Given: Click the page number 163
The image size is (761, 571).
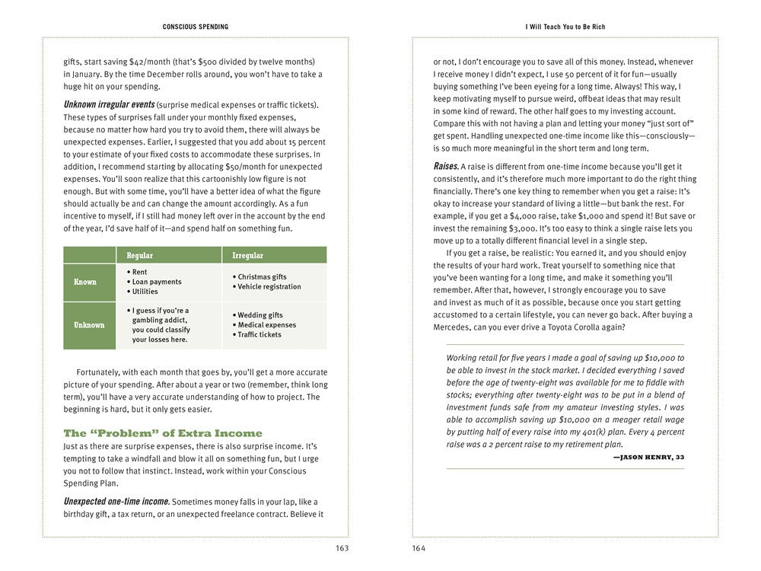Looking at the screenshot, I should pyautogui.click(x=341, y=548).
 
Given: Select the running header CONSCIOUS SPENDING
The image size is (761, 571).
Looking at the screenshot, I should pyautogui.click(x=196, y=27).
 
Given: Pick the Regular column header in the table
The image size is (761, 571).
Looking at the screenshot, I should pyautogui.click(x=140, y=256).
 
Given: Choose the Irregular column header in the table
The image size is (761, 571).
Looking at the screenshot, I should pyautogui.click(x=248, y=256).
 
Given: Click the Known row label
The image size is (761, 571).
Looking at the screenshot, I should pyautogui.click(x=85, y=282).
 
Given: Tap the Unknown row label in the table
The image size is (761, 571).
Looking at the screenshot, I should pyautogui.click(x=89, y=325).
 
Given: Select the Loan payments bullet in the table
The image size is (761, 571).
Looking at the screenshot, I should pyautogui.click(x=157, y=282).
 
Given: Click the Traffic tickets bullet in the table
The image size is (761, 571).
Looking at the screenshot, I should pyautogui.click(x=260, y=335).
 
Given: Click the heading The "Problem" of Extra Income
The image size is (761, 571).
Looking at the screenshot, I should pyautogui.click(x=163, y=433).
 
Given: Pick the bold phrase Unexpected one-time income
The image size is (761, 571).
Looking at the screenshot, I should pyautogui.click(x=116, y=502).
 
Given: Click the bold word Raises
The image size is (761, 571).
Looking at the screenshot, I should pyautogui.click(x=446, y=166).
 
